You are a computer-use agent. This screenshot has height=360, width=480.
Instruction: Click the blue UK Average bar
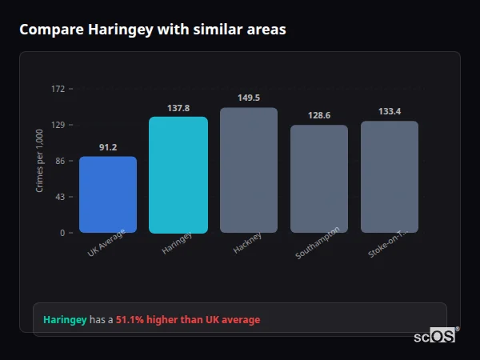coord(108,194)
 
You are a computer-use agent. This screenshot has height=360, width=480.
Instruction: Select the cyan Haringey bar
coord(178,174)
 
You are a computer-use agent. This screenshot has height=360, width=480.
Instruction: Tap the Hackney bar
coord(249,170)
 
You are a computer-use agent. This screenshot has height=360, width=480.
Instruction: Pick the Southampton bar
coord(319,178)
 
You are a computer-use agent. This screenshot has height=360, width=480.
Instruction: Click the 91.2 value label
coord(108,147)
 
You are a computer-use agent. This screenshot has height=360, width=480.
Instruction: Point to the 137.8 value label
coord(178,108)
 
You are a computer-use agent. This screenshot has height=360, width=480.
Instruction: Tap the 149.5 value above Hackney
coord(249,98)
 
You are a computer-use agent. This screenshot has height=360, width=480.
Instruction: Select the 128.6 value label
coord(319,115)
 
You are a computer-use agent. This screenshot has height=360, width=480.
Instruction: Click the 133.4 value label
coord(390,111)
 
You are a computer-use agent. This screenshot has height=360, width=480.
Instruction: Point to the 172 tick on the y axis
coord(58,89)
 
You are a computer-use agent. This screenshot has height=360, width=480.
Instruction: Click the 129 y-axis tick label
coord(58,125)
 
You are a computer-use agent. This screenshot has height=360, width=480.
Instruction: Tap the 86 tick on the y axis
coord(60,161)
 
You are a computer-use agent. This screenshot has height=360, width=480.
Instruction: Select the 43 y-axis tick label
coord(60,197)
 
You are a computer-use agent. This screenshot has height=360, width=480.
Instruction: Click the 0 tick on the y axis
coord(62,233)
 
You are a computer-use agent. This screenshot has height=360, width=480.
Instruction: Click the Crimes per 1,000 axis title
coord(40,161)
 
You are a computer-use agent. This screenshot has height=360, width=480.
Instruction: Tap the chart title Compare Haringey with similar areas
coord(153,30)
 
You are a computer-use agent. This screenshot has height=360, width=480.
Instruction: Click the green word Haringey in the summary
coord(65,320)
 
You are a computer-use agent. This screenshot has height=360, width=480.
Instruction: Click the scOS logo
coord(434,337)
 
